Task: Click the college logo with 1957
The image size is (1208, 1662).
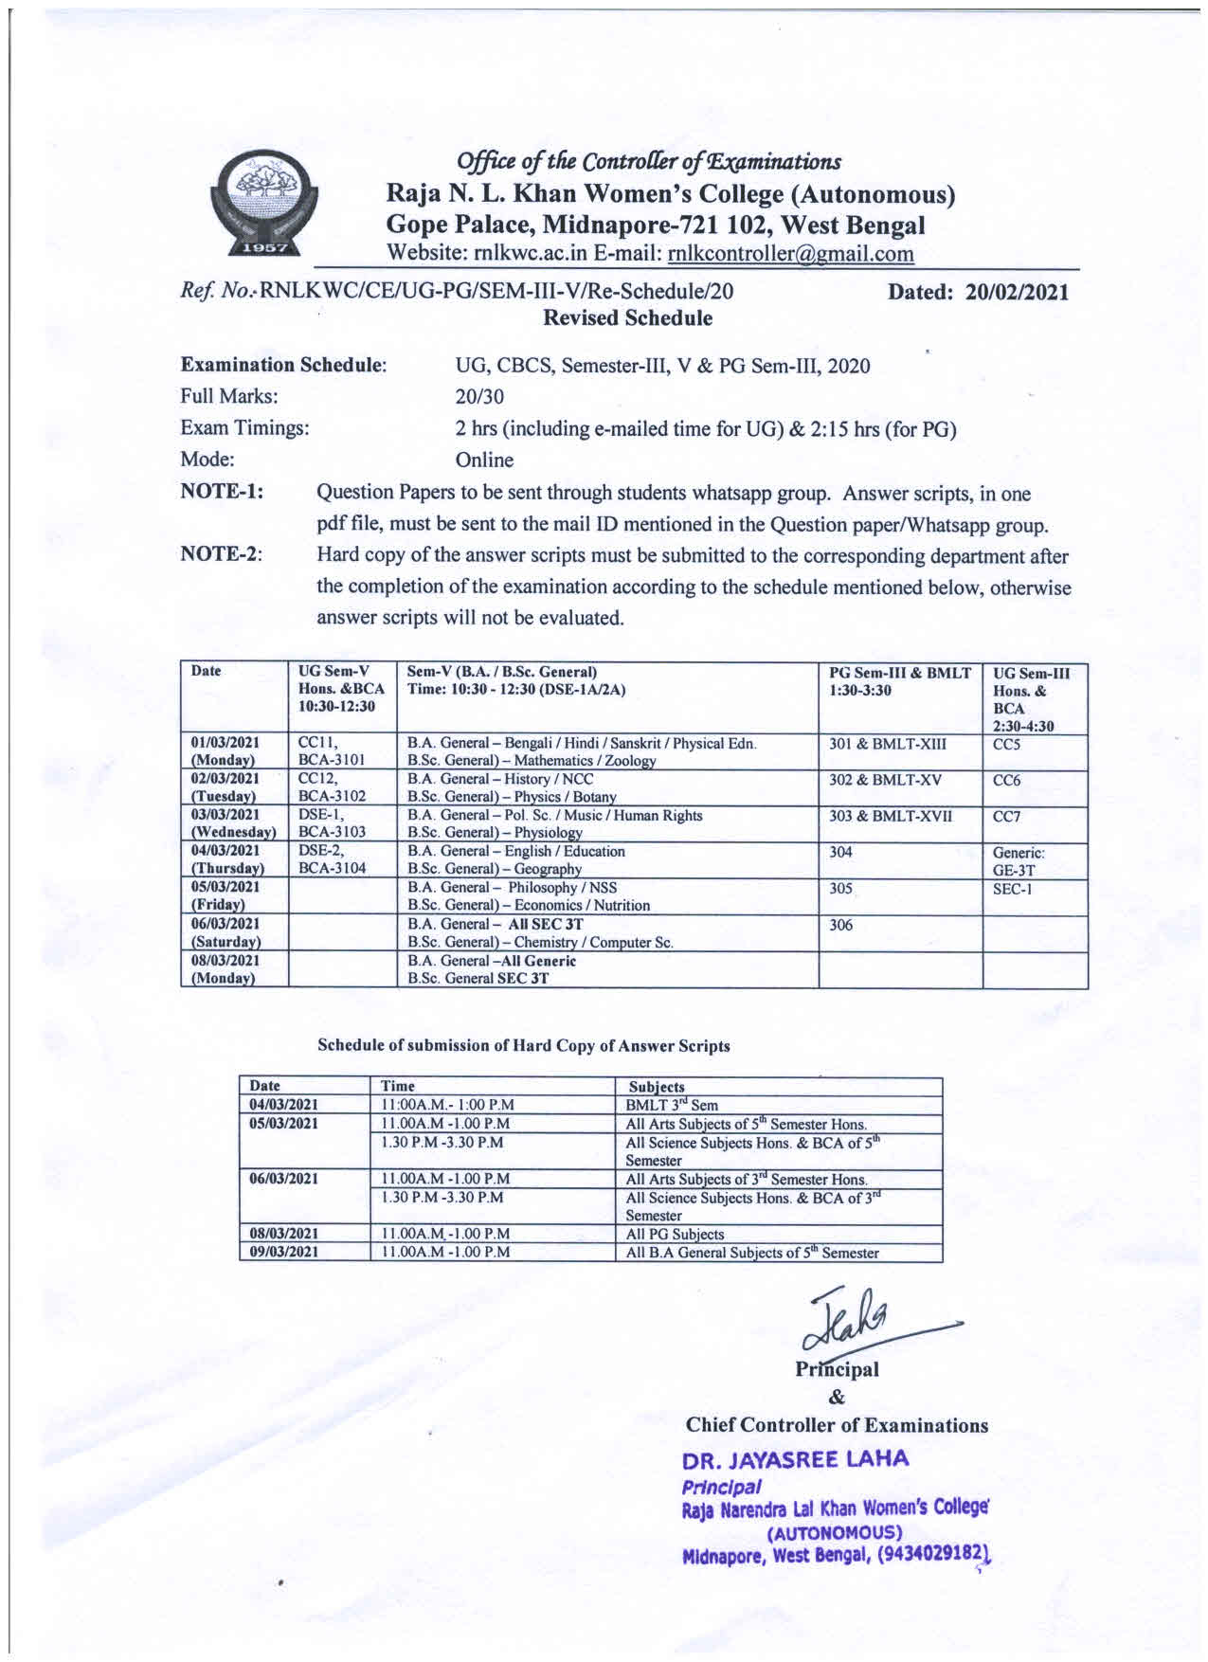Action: (x=262, y=203)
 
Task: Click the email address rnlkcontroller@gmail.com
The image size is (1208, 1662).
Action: (x=791, y=254)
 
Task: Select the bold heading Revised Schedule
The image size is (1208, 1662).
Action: (x=627, y=318)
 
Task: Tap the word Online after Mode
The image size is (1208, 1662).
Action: (x=485, y=461)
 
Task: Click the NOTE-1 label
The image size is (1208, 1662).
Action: (x=222, y=492)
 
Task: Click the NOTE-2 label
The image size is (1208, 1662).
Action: (x=222, y=554)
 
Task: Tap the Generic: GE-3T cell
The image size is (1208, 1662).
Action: (x=1019, y=860)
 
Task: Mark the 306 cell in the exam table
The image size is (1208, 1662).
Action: (x=841, y=926)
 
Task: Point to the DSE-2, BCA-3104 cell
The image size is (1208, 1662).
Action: (x=332, y=859)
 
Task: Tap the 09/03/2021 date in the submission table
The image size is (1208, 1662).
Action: (x=283, y=1253)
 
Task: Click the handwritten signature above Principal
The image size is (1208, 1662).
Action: (x=857, y=1320)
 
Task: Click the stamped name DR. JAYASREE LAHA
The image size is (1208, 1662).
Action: (x=796, y=1460)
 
